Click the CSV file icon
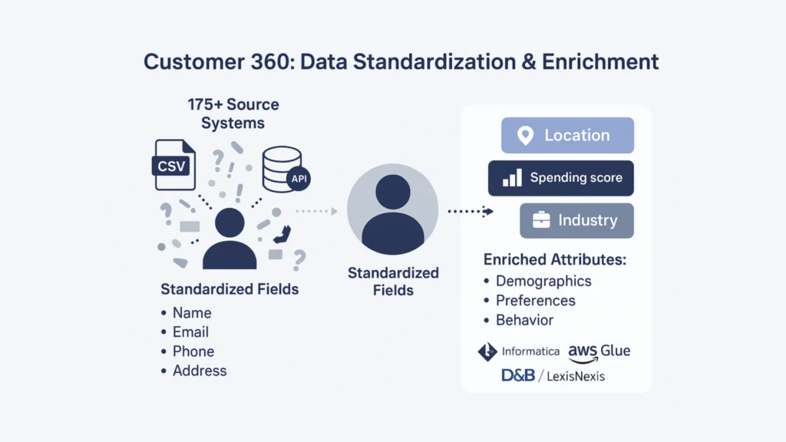click(174, 165)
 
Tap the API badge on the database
click(299, 179)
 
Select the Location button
click(567, 135)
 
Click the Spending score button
click(561, 178)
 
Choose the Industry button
click(576, 220)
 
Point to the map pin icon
click(525, 135)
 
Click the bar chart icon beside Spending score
click(512, 178)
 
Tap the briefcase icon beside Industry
click(541, 220)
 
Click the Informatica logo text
click(530, 351)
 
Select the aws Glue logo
click(599, 353)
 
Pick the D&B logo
click(518, 375)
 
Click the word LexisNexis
click(576, 376)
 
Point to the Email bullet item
click(185, 332)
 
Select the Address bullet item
click(193, 371)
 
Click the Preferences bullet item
click(530, 301)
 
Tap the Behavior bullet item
click(519, 320)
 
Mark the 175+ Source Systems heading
click(233, 114)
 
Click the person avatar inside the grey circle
click(393, 214)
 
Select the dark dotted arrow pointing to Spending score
click(471, 212)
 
